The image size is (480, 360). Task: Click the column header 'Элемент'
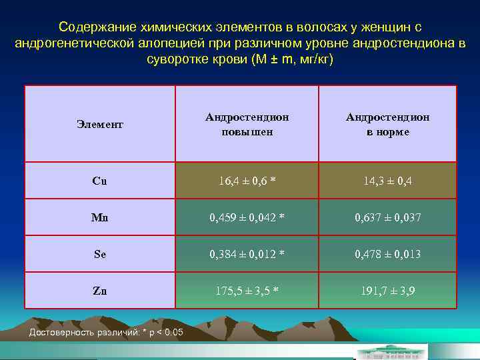tap(100, 124)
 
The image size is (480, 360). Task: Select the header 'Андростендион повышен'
tap(247, 124)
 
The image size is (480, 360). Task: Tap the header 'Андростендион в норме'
tap(387, 124)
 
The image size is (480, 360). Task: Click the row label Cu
tap(100, 181)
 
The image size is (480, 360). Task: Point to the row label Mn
tap(100, 217)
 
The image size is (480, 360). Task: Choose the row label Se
tap(100, 254)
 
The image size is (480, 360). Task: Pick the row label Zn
tap(100, 291)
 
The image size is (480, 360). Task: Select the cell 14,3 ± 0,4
tap(387, 181)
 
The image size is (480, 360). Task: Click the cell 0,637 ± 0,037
tap(387, 217)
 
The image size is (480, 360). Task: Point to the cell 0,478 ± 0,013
tap(387, 254)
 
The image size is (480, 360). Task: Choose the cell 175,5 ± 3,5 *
tap(247, 291)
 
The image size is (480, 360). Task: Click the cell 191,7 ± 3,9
tap(387, 291)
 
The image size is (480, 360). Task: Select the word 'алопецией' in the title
tap(169, 43)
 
